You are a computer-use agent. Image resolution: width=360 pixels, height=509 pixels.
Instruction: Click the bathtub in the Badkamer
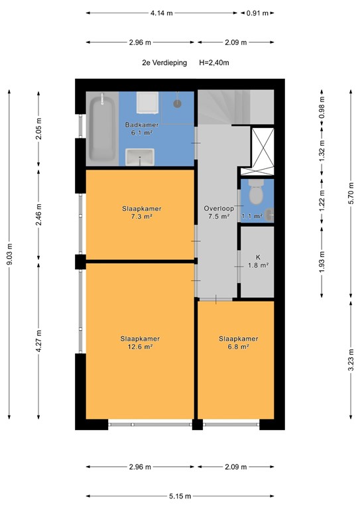102,129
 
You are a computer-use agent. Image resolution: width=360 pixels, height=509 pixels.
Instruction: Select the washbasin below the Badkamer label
141,158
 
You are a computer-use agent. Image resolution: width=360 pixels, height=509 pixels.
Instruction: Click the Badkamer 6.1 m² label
140,129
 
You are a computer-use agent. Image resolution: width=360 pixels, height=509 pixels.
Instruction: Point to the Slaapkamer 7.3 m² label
141,212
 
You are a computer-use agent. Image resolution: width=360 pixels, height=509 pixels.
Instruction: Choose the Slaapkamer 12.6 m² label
140,342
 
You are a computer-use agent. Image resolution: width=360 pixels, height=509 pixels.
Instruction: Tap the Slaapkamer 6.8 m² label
238,342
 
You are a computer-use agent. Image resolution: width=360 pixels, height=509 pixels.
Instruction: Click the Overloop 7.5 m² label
216,212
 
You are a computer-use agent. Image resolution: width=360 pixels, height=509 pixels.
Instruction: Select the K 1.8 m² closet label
258,261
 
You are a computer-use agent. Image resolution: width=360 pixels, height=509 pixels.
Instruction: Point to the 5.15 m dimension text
180,496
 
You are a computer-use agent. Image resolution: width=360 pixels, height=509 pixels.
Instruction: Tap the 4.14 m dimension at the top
161,13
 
